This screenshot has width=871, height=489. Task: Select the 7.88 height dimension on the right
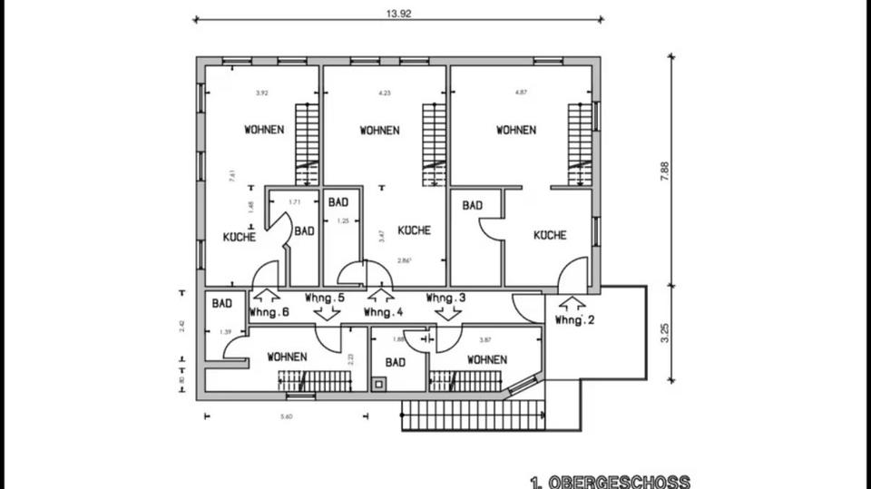[x=665, y=171]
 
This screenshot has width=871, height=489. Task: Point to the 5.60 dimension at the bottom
[x=287, y=416]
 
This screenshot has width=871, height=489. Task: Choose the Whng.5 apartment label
[x=325, y=298]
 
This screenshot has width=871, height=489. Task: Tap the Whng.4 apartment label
[x=383, y=312]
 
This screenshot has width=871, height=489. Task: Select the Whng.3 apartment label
[x=446, y=298]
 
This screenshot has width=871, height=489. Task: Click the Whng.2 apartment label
[x=573, y=321]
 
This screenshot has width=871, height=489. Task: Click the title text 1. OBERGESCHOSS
[x=610, y=481]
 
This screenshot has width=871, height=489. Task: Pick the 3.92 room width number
[x=262, y=93]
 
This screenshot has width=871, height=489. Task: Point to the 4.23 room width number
[x=385, y=93]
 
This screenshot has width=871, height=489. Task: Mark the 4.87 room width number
[x=521, y=93]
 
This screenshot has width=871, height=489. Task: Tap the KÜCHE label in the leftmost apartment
[x=240, y=237]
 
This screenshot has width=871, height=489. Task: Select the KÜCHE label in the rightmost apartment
[x=550, y=235]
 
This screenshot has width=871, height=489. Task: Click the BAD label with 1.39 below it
[x=222, y=304]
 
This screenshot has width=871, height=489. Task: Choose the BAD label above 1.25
[x=339, y=201]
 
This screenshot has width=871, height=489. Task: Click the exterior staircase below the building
[x=472, y=416]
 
